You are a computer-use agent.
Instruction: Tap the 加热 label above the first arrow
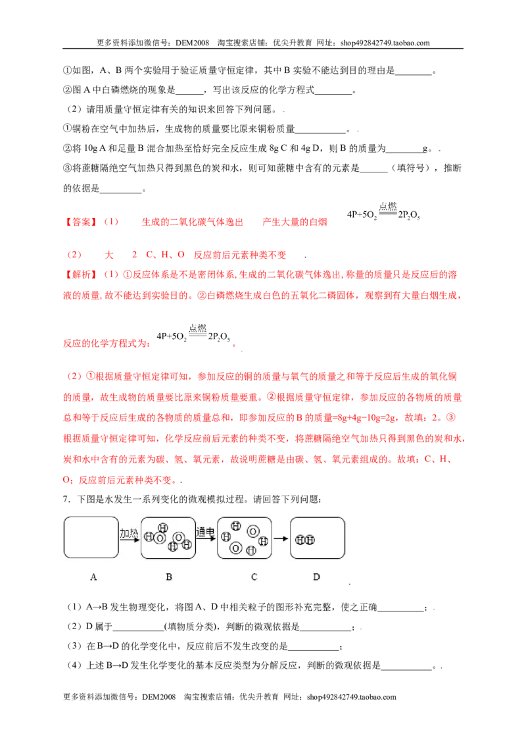[129, 533]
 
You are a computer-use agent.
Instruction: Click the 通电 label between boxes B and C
[206, 532]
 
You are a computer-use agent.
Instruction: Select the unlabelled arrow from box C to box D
[281, 539]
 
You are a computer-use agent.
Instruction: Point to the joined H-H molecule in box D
[305, 540]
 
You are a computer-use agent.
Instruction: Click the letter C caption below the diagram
[254, 577]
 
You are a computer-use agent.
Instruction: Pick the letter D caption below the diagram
[316, 577]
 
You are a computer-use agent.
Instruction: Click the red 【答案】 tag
[81, 222]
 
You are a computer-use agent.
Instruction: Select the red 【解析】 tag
[81, 274]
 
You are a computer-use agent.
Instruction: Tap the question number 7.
[66, 500]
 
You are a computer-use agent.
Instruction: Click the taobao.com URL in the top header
[385, 43]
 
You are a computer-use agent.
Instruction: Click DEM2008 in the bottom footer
[158, 697]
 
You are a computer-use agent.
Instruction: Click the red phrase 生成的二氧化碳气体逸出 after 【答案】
[192, 222]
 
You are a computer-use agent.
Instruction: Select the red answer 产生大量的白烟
[295, 222]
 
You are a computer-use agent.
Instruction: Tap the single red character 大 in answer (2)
[109, 255]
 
